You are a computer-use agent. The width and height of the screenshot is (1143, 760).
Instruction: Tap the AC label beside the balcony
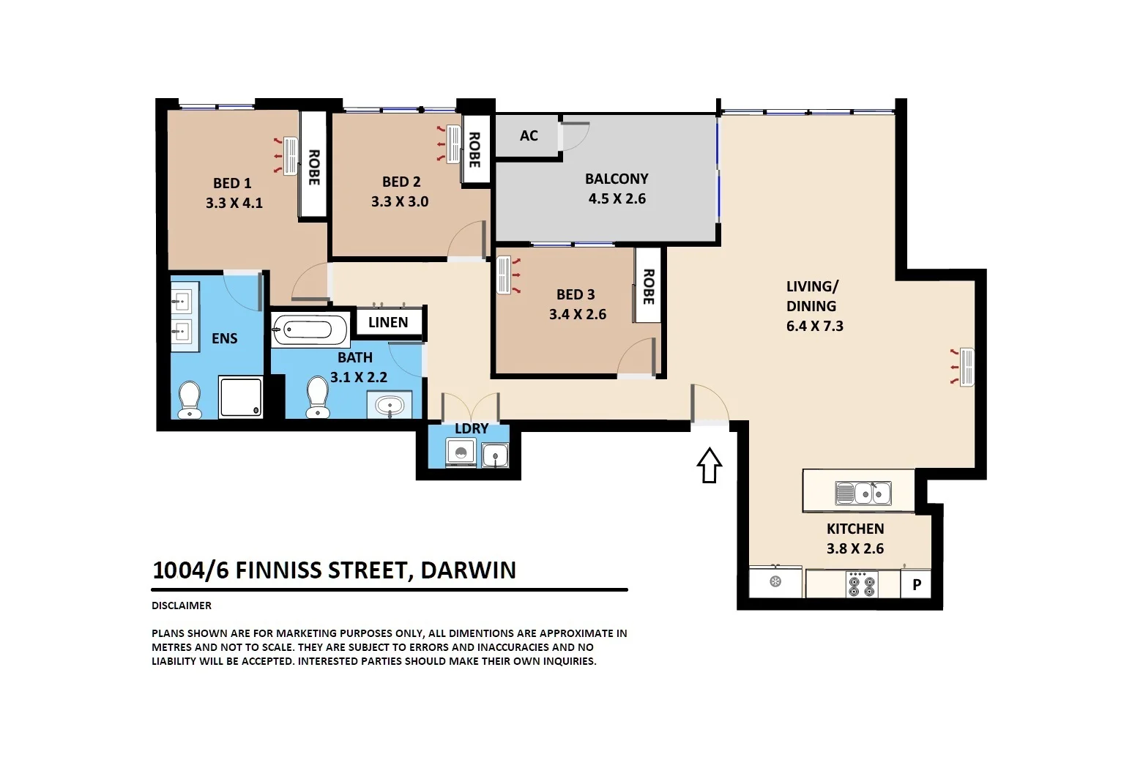[529, 135]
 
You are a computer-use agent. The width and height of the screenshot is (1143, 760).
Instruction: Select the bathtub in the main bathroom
[310, 330]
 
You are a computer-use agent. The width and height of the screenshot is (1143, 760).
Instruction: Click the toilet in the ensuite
[190, 398]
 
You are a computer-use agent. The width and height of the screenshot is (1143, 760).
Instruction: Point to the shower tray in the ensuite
[241, 397]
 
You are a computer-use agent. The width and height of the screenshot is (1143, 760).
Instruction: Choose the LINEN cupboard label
[388, 322]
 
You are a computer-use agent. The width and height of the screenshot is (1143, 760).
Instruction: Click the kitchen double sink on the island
[863, 493]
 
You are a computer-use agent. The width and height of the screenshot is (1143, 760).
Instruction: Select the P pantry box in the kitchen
[916, 585]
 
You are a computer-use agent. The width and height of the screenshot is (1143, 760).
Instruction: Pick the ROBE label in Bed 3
[648, 286]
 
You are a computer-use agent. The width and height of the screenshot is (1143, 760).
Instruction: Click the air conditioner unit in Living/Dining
[966, 367]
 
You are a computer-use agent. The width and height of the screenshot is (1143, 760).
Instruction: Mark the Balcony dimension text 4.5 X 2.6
[617, 198]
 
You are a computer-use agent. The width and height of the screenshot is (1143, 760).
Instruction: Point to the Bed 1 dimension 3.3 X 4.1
[234, 203]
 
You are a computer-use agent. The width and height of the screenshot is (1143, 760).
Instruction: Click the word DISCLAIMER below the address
[182, 606]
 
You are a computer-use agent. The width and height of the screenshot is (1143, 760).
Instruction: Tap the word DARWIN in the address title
[468, 570]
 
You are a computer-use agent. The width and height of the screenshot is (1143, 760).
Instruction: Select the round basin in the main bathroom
[390, 405]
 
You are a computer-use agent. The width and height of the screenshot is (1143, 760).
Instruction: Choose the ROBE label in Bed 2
[474, 149]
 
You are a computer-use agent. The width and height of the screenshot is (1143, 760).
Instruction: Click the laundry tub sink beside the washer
[496, 455]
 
